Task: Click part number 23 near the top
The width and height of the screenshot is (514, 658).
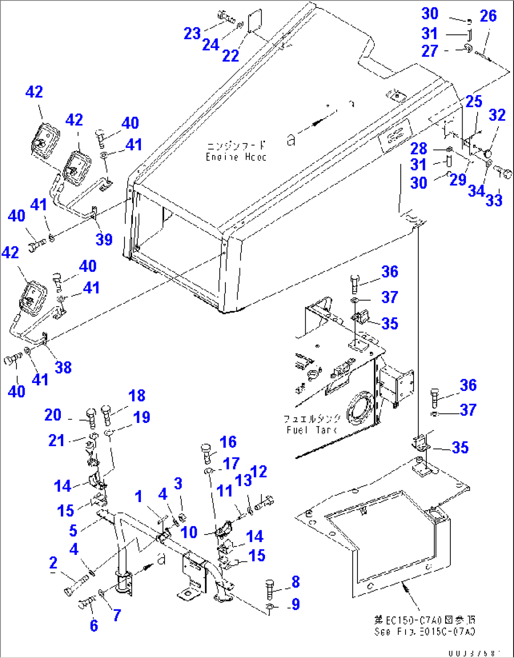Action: (x=192, y=34)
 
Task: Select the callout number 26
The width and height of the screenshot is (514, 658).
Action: (x=488, y=16)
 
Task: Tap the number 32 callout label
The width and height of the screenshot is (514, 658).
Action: (x=497, y=115)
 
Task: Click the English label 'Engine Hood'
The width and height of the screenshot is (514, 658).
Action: (x=236, y=157)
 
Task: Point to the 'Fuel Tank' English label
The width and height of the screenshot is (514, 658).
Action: (x=311, y=430)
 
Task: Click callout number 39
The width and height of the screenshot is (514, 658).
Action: (x=104, y=239)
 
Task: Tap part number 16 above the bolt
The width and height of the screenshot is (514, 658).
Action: (x=228, y=442)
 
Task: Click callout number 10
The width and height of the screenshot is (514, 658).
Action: (x=189, y=532)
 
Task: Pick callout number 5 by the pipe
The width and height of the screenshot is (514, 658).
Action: (x=73, y=530)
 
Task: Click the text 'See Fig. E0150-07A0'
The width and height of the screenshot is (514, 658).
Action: (x=424, y=632)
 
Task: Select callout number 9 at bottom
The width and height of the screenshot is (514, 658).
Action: (x=296, y=604)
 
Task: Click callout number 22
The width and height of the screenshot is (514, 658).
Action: (x=231, y=56)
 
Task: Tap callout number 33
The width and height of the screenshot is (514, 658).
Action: (x=494, y=200)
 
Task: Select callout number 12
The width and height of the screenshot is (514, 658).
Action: (x=258, y=471)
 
